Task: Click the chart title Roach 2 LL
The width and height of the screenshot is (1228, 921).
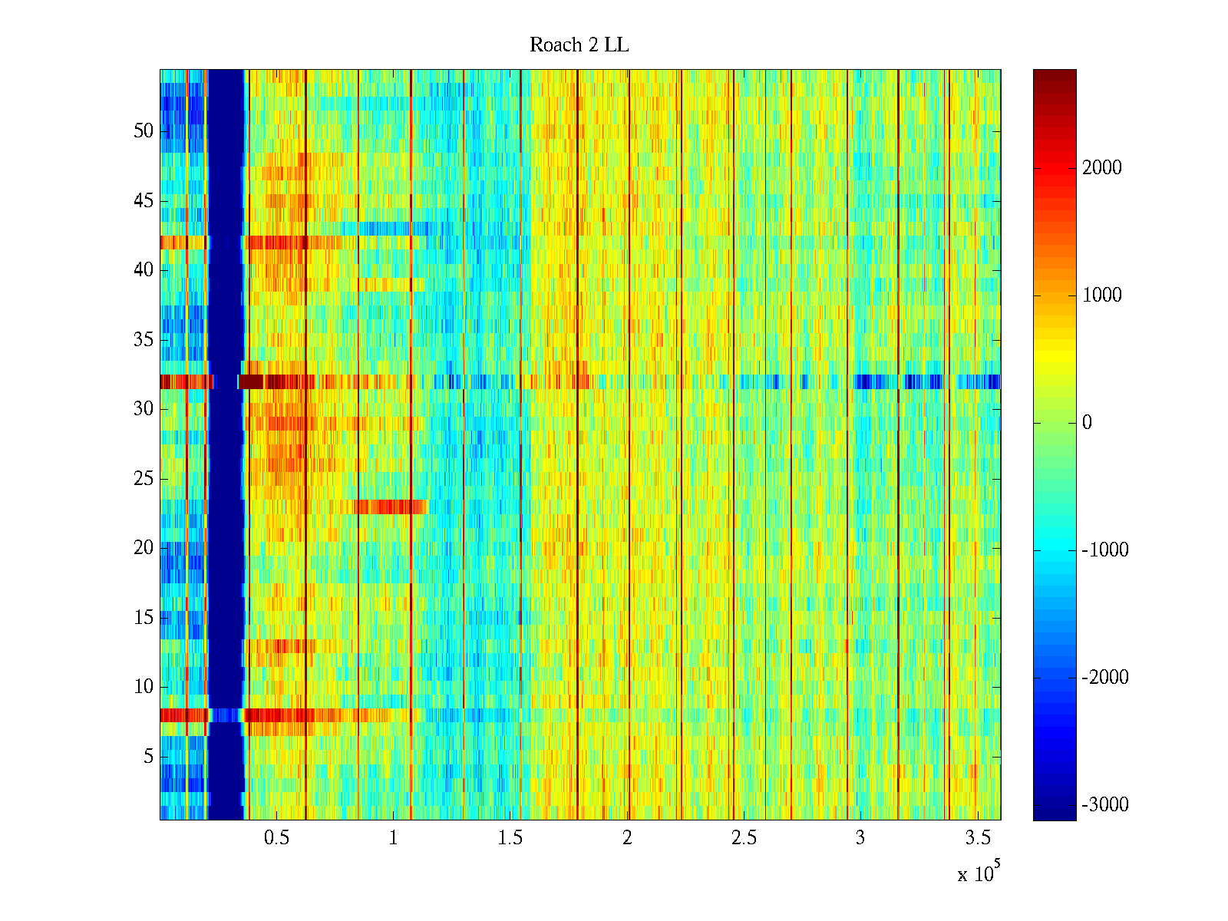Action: [x=579, y=45]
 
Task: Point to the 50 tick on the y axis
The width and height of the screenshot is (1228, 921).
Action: [x=144, y=131]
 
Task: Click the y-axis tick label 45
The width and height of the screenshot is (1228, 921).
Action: [x=144, y=201]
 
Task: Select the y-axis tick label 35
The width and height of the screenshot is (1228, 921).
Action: [x=144, y=340]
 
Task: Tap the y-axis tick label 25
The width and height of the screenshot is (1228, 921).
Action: [x=144, y=479]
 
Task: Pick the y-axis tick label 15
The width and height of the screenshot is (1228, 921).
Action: [x=144, y=618]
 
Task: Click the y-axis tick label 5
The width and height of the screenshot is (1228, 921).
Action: [x=148, y=757]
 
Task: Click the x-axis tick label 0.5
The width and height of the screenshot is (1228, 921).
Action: [x=276, y=838]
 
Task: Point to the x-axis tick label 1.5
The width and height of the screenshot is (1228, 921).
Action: [x=510, y=838]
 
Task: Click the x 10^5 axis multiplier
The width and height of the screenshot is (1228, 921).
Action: [x=979, y=873]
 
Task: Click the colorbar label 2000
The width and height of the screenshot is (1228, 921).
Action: [x=1101, y=168]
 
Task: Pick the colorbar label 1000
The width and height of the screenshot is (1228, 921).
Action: [x=1101, y=295]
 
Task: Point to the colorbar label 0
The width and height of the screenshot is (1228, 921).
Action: [x=1087, y=423]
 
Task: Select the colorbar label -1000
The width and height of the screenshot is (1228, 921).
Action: [x=1104, y=550]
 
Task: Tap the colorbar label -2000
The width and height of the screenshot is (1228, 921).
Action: [x=1104, y=678]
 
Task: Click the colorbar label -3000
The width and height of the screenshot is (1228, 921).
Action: [x=1104, y=805]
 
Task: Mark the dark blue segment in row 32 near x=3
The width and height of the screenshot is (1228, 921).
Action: [x=871, y=381]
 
